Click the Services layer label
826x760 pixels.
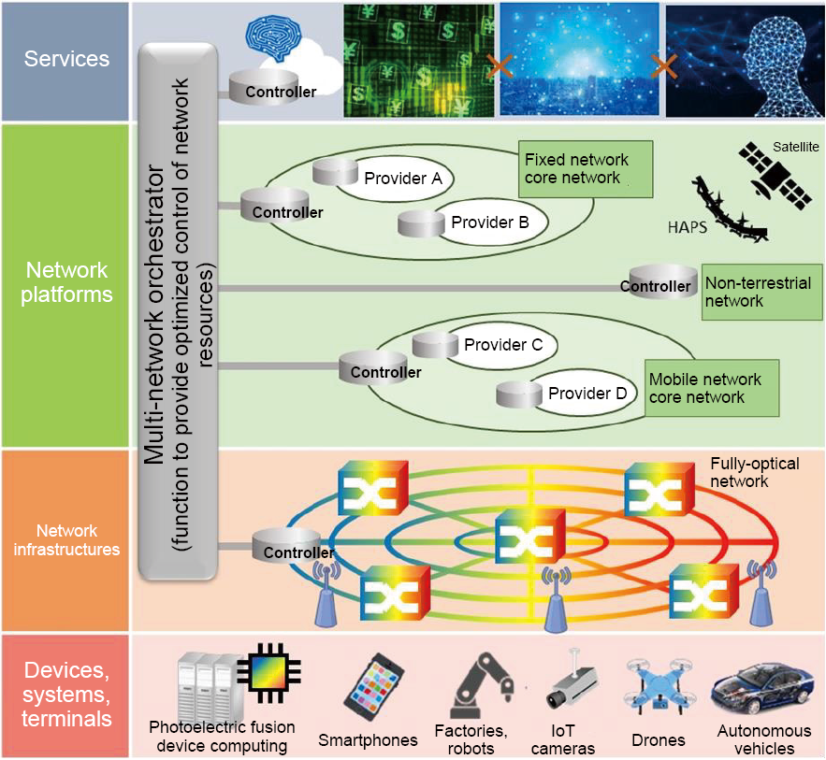(x=65, y=59)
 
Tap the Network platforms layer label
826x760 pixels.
(x=65, y=282)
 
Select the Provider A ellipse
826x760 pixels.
(x=393, y=178)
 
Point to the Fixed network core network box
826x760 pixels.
(x=586, y=169)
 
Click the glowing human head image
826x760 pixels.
(x=743, y=60)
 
